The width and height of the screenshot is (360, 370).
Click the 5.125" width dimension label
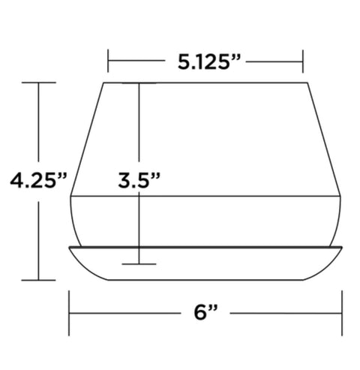pos(209,62)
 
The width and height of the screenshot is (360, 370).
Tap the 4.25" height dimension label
pos(39,180)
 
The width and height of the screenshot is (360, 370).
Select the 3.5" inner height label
pos(139,180)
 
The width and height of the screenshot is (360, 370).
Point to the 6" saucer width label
pos(205,313)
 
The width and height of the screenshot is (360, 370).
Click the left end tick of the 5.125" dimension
pos(108,61)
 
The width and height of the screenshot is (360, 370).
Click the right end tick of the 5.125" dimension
pos(303,62)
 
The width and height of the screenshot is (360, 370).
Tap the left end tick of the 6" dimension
pos(69,313)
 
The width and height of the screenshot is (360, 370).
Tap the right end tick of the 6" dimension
pos(342,313)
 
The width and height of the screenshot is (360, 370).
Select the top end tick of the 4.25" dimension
pos(39,83)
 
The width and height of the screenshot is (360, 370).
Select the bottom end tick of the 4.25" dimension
pos(38,281)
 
